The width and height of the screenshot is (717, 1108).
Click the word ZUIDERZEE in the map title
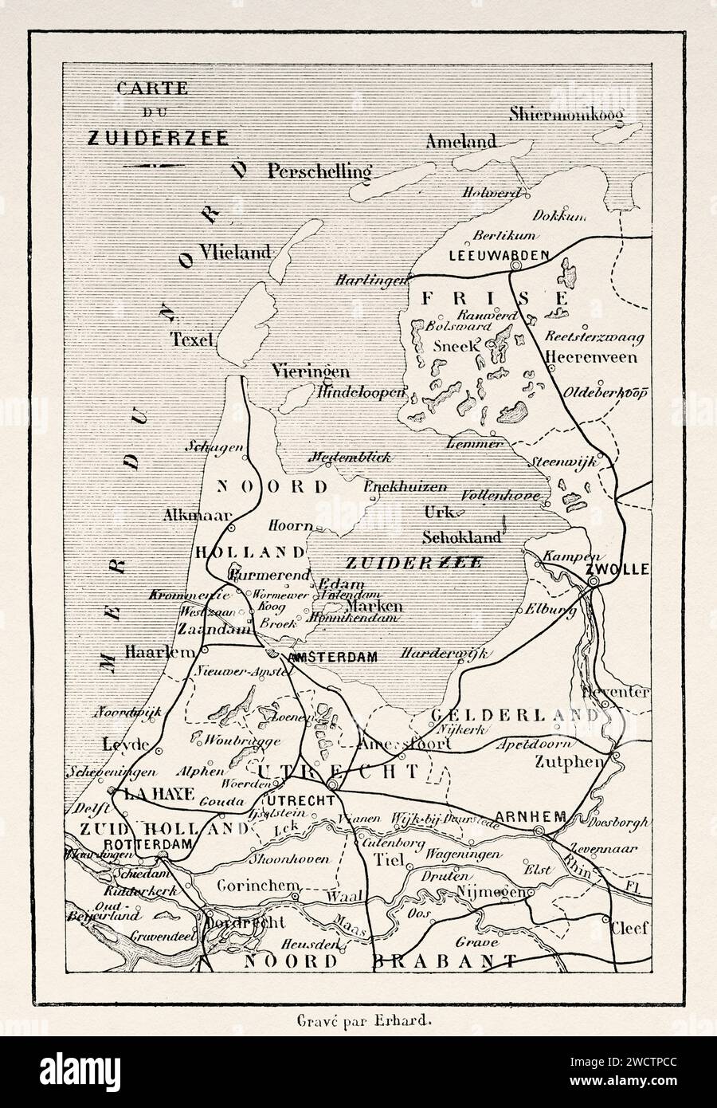pos(157,136)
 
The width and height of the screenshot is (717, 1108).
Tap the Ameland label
pos(460,142)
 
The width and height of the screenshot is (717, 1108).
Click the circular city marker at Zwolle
pos(616,585)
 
